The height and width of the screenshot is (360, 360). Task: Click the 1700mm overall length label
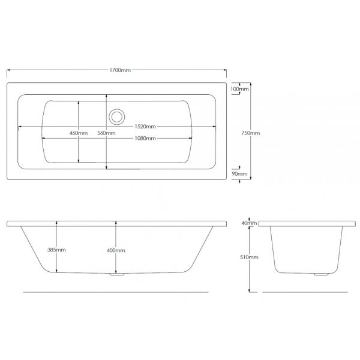(x=120, y=70)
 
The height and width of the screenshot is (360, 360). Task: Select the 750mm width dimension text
(x=250, y=133)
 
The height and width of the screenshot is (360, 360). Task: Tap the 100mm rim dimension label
(x=239, y=89)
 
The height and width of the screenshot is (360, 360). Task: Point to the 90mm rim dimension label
(x=239, y=174)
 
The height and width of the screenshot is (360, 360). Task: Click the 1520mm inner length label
(x=145, y=127)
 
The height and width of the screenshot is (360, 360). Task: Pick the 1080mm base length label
(x=145, y=138)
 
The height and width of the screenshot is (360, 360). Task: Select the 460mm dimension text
(x=79, y=133)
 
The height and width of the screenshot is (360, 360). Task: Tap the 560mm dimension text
(x=106, y=133)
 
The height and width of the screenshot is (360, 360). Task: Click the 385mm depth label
(x=56, y=250)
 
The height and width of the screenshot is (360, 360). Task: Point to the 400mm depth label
(x=116, y=250)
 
